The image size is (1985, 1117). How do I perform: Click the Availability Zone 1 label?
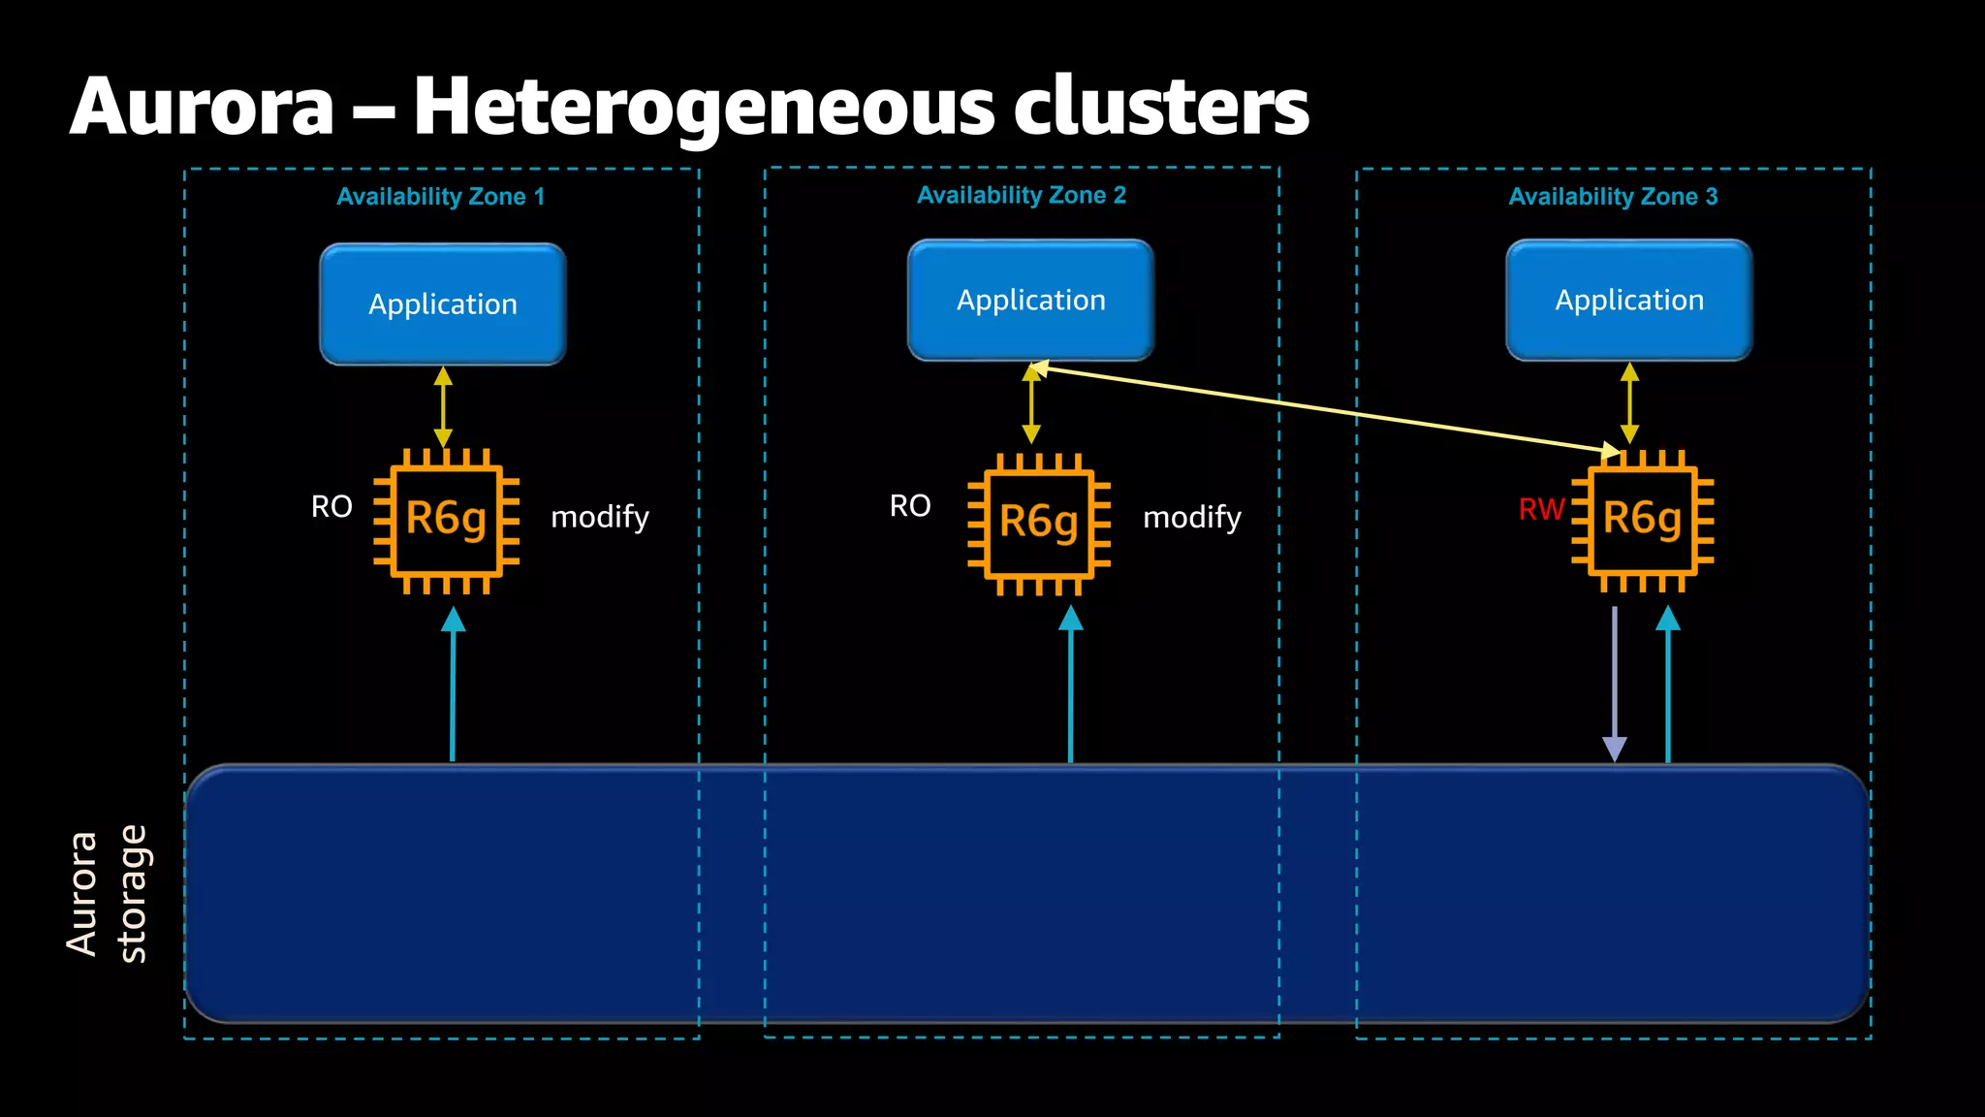tap(440, 197)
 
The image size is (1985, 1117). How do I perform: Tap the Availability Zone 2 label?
tap(1021, 196)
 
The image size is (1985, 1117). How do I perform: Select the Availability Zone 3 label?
tap(1613, 197)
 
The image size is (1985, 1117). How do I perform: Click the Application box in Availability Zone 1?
tap(443, 304)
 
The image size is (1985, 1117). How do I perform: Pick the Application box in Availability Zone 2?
tap(1030, 301)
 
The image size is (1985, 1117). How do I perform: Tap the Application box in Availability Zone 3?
tap(1629, 301)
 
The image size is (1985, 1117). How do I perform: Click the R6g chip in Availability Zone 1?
tap(446, 520)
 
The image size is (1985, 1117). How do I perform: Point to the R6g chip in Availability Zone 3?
tap(1642, 520)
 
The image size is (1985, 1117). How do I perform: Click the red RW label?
tap(1541, 509)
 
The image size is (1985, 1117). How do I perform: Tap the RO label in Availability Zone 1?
tap(331, 506)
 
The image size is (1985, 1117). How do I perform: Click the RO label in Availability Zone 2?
tap(910, 505)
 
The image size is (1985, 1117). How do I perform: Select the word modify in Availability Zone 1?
tap(600, 517)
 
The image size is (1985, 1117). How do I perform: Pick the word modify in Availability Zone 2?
tap(1192, 518)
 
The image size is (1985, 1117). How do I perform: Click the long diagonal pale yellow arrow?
tap(1324, 409)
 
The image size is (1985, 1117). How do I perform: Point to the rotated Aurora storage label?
tap(107, 894)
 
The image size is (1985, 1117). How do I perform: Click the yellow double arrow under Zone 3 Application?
tap(1629, 403)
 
